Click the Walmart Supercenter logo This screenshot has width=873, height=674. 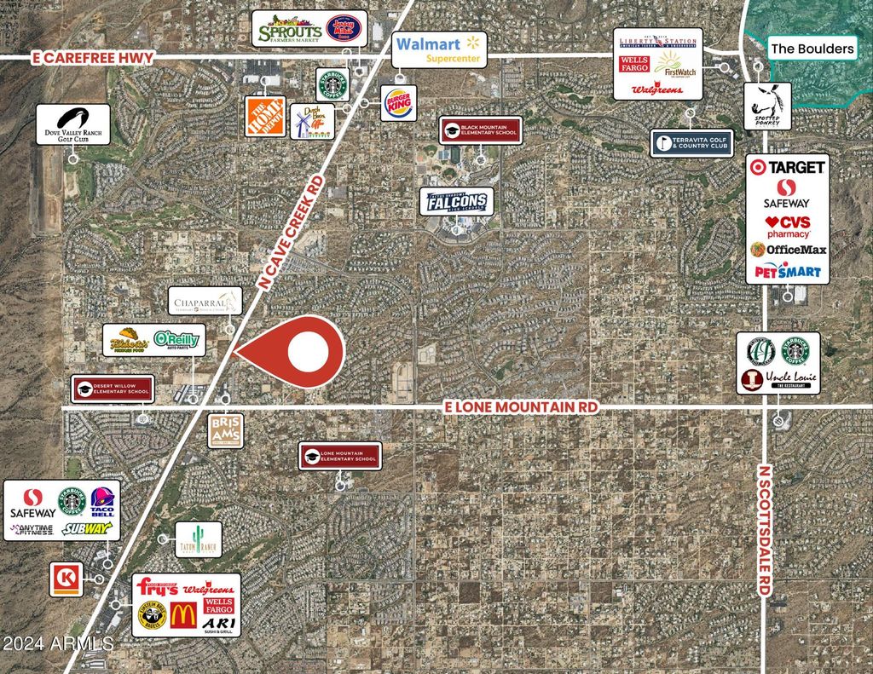[439, 50]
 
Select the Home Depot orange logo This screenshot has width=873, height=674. [264, 117]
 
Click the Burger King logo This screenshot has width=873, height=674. [398, 103]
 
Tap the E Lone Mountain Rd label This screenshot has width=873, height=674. [521, 408]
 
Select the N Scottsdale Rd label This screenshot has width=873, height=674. [765, 528]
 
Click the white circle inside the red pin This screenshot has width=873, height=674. [308, 351]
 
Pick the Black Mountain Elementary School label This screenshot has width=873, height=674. [480, 130]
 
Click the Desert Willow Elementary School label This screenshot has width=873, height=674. [113, 389]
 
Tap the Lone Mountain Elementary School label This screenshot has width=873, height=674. [338, 456]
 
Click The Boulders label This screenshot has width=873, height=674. [812, 49]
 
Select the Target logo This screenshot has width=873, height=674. [786, 168]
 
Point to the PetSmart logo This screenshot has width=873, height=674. [786, 272]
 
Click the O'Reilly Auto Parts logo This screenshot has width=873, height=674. [176, 340]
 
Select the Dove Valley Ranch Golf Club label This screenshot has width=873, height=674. [73, 124]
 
